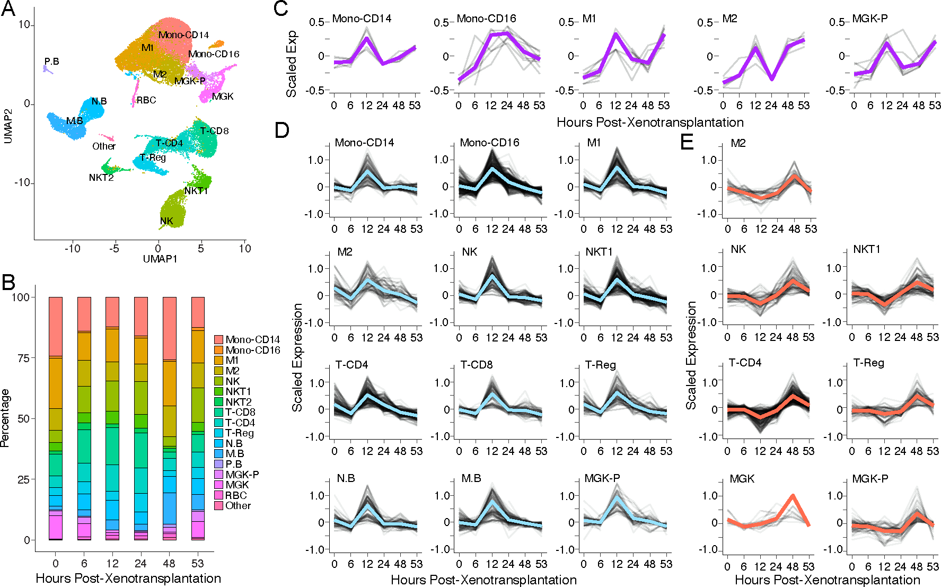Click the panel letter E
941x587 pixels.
[687, 142]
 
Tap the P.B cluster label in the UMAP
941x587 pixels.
[51, 62]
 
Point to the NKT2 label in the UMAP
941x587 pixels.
[101, 178]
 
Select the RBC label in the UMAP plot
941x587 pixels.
[146, 100]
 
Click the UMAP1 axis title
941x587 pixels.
[160, 259]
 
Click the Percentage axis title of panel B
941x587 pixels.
[6, 418]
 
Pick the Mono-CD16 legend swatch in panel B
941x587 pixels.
[218, 350]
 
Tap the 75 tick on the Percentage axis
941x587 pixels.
[23, 358]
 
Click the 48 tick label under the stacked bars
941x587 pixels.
[169, 563]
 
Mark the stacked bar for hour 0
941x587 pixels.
[56, 418]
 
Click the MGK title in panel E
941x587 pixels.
[742, 479]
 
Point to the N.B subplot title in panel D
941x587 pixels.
[346, 478]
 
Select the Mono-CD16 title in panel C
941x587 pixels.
[486, 19]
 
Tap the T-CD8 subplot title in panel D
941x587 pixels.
[476, 365]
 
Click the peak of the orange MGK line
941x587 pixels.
[793, 496]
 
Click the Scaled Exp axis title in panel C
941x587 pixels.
[292, 64]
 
